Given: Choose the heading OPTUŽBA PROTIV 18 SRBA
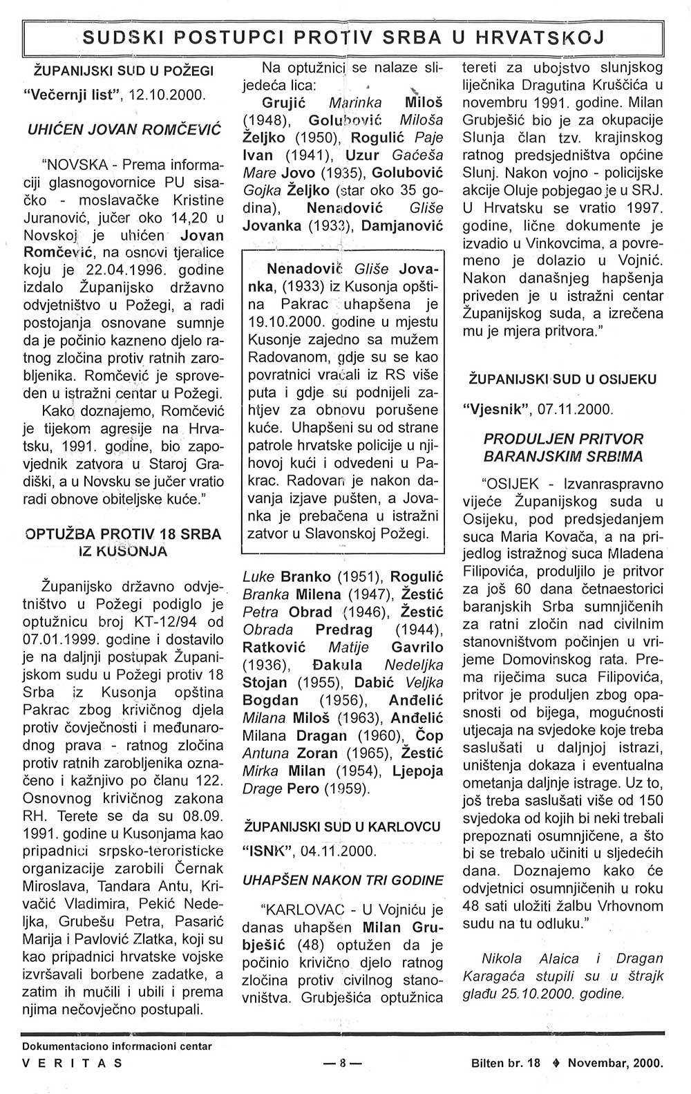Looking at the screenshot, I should (124, 534).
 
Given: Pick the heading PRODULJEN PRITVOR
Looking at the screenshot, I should (563, 440).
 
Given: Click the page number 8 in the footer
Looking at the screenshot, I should (341, 1064).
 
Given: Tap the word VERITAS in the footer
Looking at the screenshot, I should (73, 1064).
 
